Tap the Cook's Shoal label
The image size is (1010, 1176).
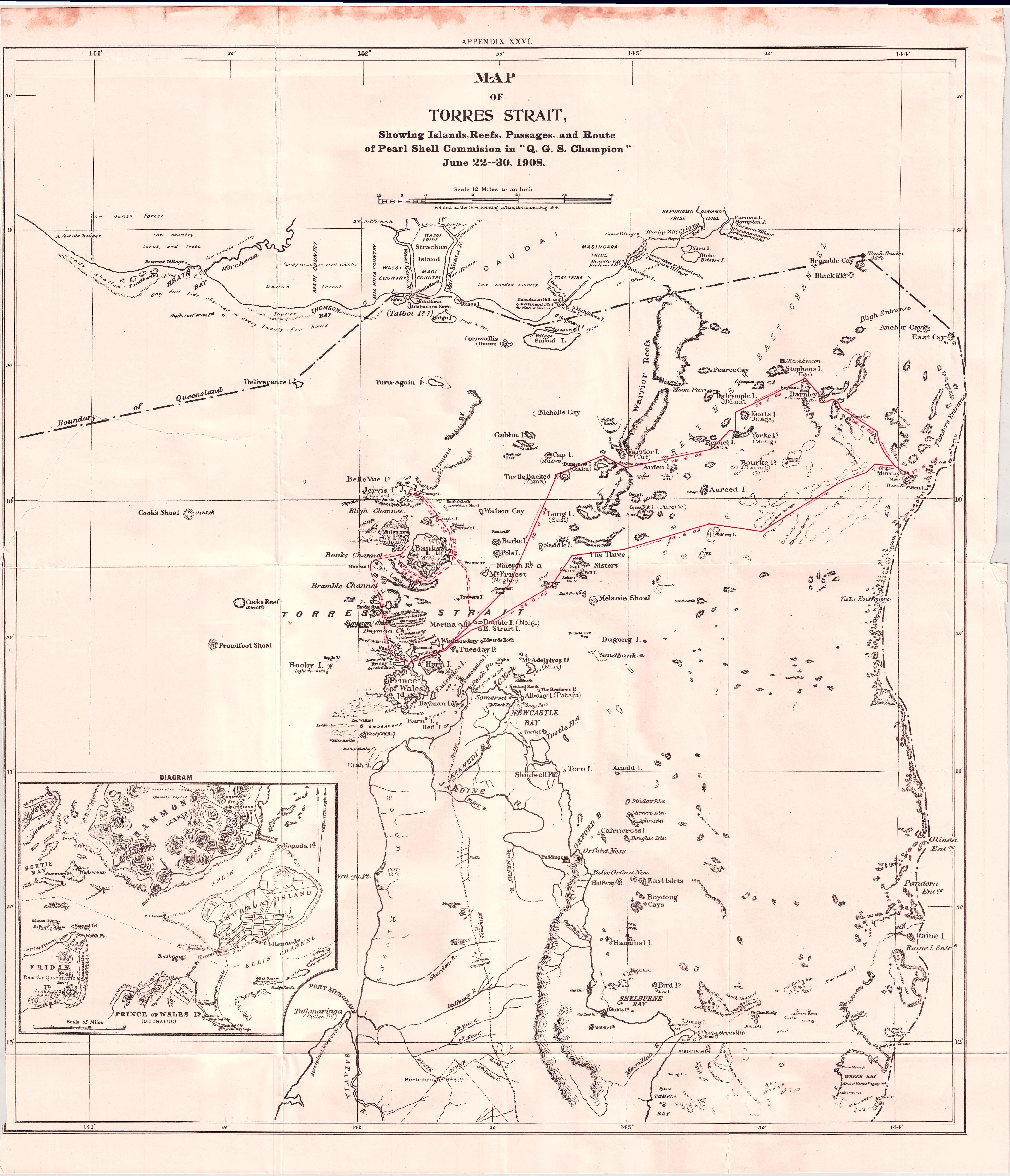(158, 513)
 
